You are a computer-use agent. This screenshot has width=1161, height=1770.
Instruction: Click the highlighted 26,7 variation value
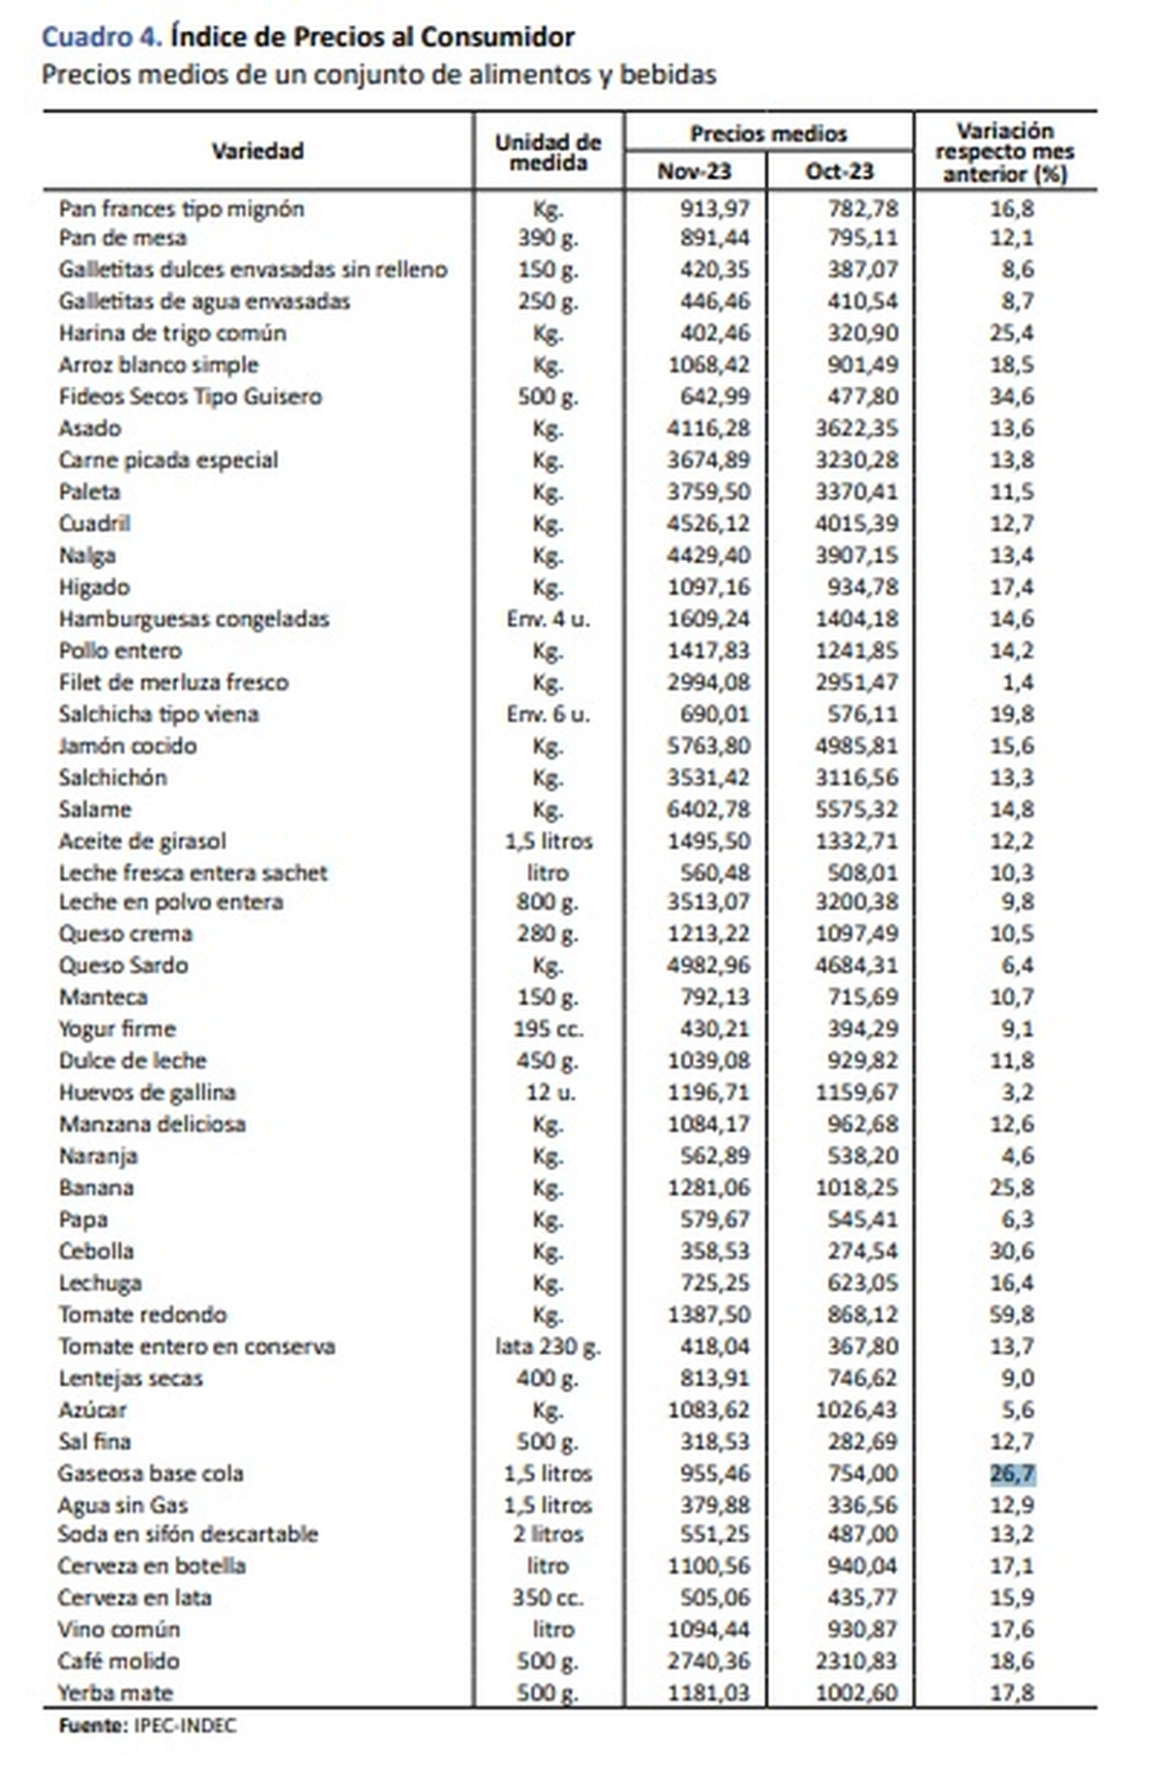[1012, 1473]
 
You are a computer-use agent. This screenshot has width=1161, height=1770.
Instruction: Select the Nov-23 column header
[695, 171]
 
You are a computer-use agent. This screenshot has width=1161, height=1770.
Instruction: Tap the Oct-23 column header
[839, 171]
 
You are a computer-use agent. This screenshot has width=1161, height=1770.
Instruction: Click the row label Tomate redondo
[142, 1314]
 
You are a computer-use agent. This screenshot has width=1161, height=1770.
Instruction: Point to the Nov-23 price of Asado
[708, 428]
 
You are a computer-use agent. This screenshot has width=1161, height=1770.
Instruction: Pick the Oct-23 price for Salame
[856, 809]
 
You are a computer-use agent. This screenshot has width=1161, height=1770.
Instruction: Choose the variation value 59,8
[1012, 1314]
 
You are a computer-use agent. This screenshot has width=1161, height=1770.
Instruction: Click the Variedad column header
[257, 151]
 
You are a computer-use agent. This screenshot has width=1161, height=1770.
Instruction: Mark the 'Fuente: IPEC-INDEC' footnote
[147, 1726]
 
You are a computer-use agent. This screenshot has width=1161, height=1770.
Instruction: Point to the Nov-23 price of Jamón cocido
[708, 746]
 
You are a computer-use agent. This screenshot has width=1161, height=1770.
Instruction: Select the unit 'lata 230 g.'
[548, 1346]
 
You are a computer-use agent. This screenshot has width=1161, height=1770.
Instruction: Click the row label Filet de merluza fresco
[173, 682]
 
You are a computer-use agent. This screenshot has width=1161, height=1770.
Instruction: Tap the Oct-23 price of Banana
[856, 1187]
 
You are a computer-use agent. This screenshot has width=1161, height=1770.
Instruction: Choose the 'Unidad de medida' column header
[548, 152]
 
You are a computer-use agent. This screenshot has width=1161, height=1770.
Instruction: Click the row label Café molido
[119, 1661]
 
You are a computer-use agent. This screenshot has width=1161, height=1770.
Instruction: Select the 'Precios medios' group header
[768, 133]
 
